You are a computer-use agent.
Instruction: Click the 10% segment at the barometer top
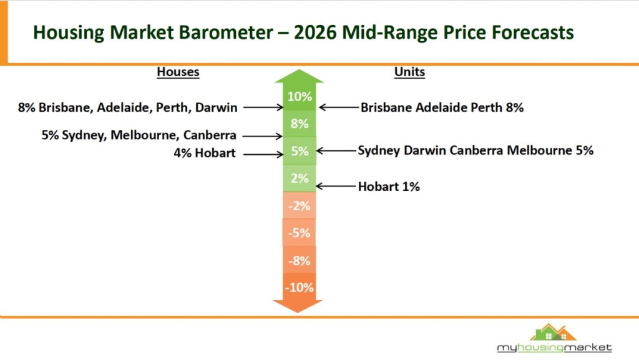299,97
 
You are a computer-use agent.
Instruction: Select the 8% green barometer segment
299,124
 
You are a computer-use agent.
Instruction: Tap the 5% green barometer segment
299,151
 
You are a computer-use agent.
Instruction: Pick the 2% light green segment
299,178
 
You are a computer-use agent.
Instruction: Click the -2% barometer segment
298,206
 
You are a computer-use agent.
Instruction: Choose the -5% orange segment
298,233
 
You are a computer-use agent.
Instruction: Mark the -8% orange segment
298,261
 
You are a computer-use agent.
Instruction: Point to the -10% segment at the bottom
298,288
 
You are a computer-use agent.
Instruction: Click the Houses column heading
178,72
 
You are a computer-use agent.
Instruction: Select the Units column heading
409,72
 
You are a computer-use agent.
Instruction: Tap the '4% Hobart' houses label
205,153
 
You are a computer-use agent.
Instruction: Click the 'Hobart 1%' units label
389,186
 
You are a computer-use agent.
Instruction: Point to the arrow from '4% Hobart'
263,154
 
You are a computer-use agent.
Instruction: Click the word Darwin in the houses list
216,107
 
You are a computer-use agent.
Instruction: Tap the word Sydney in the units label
377,150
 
